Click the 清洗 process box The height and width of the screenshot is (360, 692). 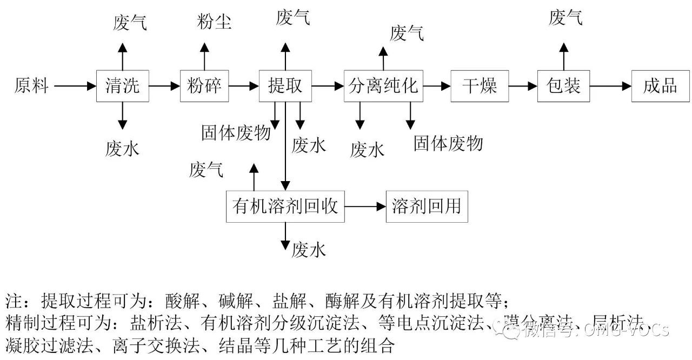point(122,86)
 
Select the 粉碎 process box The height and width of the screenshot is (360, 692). point(204,86)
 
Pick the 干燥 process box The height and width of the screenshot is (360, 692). point(480,86)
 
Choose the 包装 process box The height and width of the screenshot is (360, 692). point(563,86)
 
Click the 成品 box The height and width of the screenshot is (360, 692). point(661,86)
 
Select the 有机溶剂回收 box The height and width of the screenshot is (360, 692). point(285,206)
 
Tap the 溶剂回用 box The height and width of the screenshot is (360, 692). point(427,206)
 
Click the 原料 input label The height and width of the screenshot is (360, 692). point(31,86)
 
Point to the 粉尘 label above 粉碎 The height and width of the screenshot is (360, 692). point(215,22)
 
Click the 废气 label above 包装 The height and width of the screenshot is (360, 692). point(565,18)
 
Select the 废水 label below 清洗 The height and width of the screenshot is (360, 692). point(122,148)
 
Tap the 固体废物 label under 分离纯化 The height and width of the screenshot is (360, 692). point(448,143)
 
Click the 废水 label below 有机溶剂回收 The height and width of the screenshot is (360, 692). point(309,250)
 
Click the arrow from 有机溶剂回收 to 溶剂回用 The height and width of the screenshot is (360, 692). point(365,206)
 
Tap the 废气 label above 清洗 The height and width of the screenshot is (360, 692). point(130,22)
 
